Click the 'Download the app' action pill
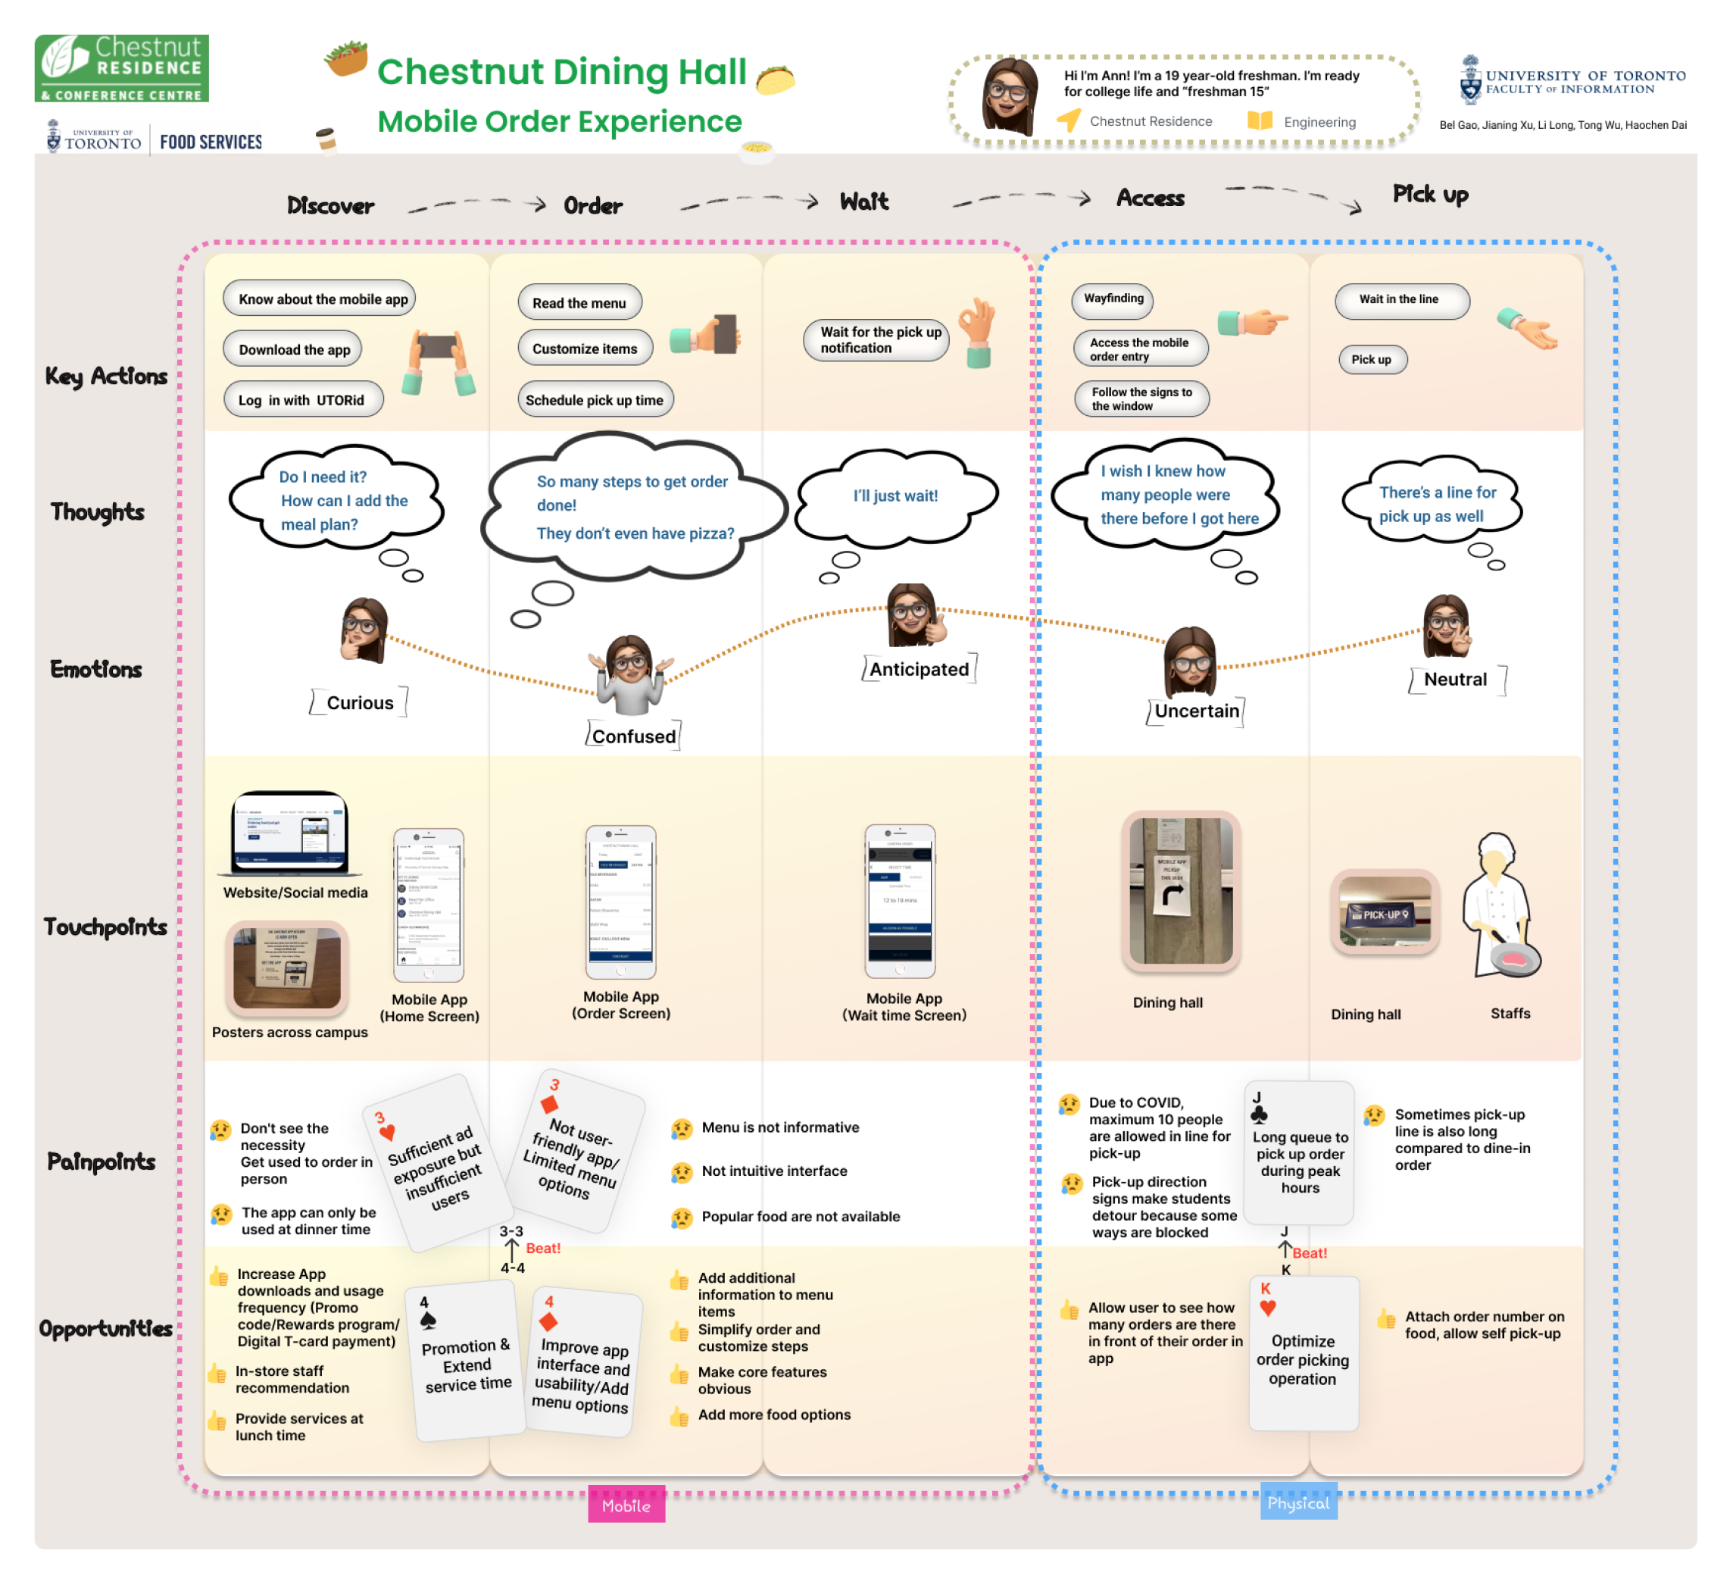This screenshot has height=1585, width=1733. coord(293,349)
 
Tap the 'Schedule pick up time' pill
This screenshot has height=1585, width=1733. coord(595,400)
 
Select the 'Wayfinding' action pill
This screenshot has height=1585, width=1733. coord(1113,299)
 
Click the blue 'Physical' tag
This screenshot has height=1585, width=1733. coord(1298,1503)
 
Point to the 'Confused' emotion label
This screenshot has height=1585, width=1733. coord(633,736)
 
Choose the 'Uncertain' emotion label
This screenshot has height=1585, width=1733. coord(1197,711)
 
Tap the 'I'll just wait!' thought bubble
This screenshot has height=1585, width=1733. coord(896,496)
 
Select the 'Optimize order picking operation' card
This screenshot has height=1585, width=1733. coord(1304,1355)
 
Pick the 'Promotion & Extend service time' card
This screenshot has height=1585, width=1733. coord(467,1361)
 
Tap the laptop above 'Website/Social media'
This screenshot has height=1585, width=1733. coord(291,833)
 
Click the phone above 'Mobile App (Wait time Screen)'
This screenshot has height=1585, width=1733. coord(900,902)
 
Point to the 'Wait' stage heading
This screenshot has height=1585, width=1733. coord(864,202)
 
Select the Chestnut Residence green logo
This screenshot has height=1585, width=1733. coord(121,69)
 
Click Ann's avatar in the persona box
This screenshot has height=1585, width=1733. coord(1011,96)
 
